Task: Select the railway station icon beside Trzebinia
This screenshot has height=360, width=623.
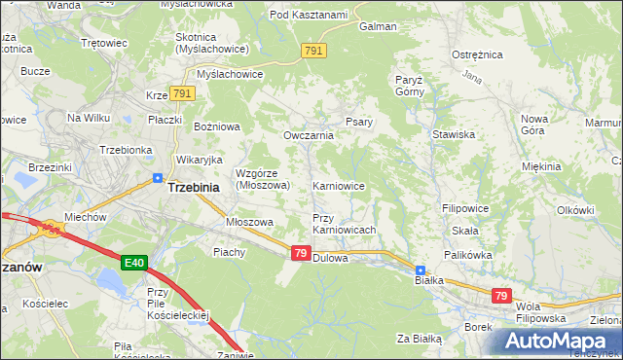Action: [x=158, y=177]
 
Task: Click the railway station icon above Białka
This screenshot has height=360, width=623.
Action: [x=420, y=270]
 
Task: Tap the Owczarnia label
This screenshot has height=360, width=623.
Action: [x=309, y=135]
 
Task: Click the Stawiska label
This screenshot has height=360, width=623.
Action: [x=454, y=134]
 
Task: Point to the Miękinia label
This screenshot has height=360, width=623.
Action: [x=542, y=166]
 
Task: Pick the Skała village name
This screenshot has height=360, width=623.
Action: [x=464, y=231]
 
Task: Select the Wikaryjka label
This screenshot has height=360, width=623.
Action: [x=200, y=159]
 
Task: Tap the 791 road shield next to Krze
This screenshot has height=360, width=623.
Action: [x=182, y=93]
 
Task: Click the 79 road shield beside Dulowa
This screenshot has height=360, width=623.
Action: [x=301, y=252]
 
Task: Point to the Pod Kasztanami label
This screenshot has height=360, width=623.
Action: [x=309, y=15]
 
